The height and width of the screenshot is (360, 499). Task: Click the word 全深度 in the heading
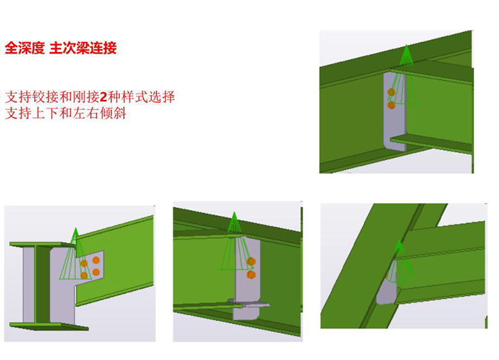coord(25,48)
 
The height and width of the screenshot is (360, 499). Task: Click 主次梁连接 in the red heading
coord(84,48)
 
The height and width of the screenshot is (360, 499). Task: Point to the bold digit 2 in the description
coord(104,97)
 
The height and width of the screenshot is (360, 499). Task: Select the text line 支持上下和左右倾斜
coord(66,113)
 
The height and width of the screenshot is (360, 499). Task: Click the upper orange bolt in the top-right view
coord(391,92)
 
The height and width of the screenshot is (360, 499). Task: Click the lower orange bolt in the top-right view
coord(391,105)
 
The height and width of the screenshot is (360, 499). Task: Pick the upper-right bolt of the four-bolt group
coord(96,260)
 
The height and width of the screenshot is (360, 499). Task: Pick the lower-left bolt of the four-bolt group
coord(84,275)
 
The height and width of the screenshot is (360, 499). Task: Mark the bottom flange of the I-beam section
coord(49,326)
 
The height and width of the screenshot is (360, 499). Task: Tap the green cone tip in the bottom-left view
coord(75,229)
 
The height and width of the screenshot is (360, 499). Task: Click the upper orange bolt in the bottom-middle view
coord(251,261)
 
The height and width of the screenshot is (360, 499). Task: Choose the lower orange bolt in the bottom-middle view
coord(251,275)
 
